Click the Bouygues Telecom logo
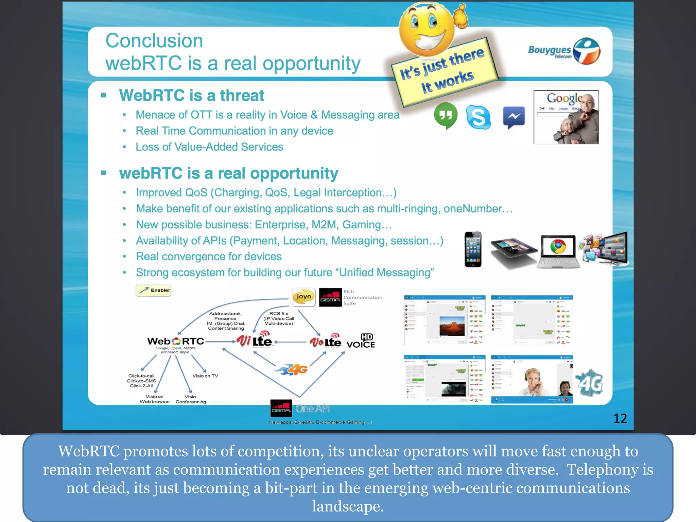coord(564,51)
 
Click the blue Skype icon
coord(478,117)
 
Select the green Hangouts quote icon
coord(446,116)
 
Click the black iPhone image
coord(473,249)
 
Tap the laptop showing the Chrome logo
coord(558,251)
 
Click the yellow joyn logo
coord(303,297)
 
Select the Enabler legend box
coord(153,290)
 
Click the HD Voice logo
coord(361,341)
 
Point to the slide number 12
coord(620,418)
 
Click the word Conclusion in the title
coord(154,41)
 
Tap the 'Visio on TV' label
coord(205,376)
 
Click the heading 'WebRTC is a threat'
coord(191,95)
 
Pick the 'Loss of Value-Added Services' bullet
coord(209,147)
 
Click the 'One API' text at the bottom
coord(313,408)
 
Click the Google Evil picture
coord(566,117)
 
